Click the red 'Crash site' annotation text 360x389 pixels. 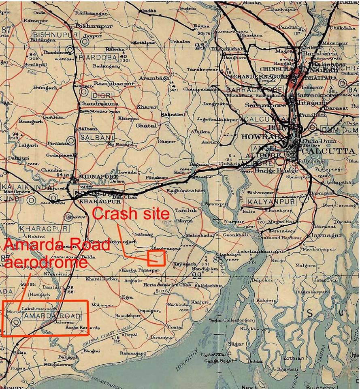coord(131,213)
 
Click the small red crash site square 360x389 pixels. coord(157,258)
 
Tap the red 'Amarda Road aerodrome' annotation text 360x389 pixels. coord(56,253)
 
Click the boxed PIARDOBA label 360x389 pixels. coord(98,57)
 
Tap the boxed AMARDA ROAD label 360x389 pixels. coord(51,316)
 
